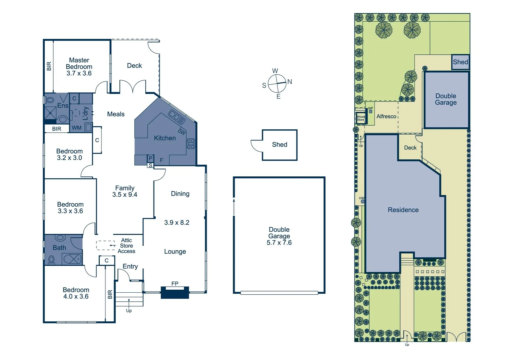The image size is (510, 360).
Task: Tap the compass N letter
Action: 290,82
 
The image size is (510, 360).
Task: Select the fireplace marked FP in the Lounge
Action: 175,292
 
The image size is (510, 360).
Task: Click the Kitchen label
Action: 165,138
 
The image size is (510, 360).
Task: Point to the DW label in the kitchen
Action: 181,132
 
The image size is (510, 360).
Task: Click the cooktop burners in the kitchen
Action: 191,144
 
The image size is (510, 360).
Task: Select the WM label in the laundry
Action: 76,128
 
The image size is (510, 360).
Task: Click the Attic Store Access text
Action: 126,246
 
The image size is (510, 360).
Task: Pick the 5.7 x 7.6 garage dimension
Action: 279,243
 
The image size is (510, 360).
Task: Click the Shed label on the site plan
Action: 460,62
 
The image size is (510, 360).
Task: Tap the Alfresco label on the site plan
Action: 386,116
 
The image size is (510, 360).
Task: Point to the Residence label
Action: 403,210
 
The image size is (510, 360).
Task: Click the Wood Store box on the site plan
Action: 361,118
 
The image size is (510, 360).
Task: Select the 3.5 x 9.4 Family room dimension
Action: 125,195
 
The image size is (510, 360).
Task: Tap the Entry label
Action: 130,266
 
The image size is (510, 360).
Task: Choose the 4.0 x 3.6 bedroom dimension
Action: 76,296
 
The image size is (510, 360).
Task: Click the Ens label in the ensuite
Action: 63,106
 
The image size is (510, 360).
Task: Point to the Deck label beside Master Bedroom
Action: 134,66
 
